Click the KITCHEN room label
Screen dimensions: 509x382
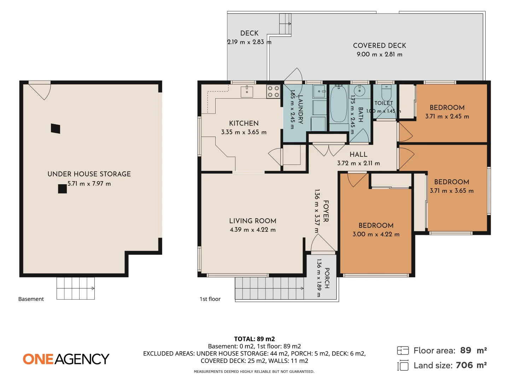[244, 123]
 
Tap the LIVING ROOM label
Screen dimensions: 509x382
[252, 221]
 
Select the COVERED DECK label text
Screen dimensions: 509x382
[379, 46]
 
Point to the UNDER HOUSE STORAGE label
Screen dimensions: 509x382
[89, 174]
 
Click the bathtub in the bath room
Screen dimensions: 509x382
[338, 104]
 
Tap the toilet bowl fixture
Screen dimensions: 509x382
[386, 93]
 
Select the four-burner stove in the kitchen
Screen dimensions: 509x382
[273, 91]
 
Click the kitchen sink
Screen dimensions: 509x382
[247, 92]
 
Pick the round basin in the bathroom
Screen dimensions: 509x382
[359, 91]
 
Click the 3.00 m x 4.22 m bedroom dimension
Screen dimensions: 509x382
[376, 234]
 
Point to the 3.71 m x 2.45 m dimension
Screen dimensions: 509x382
[447, 116]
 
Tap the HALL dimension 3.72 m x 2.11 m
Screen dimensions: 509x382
[358, 163]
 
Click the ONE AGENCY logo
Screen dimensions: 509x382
[66, 359]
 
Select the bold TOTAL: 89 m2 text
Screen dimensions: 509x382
[255, 339]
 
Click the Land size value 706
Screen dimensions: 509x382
[464, 365]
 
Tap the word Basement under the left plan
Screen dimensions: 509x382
[31, 299]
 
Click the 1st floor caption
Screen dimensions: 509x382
[210, 299]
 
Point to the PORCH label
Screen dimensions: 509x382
[327, 278]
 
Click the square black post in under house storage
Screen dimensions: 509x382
[62, 189]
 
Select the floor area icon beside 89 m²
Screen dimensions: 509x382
[403, 351]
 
